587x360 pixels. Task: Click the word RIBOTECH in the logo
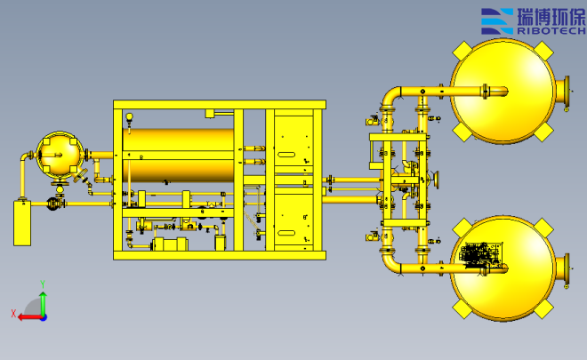point(551,31)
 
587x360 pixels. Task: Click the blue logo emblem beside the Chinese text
point(497,21)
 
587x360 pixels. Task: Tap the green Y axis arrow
point(44,304)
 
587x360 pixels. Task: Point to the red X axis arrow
point(30,317)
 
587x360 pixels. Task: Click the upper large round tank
point(503,91)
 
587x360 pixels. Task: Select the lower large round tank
point(503,268)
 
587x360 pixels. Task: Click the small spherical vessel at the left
point(60,154)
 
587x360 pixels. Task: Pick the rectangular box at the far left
point(22,223)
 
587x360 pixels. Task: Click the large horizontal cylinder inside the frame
point(178,156)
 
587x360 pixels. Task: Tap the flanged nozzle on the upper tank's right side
point(563,91)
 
